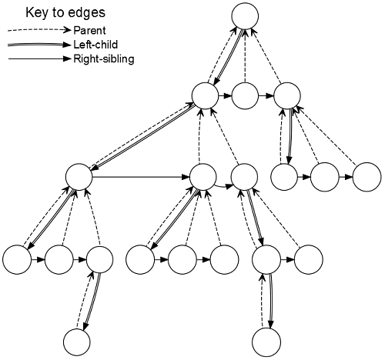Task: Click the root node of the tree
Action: pos(245,16)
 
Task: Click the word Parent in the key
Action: pos(89,31)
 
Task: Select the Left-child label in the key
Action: pos(95,45)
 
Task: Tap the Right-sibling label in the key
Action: pos(104,59)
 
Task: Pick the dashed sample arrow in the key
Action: pos(39,31)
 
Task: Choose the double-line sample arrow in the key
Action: pos(39,45)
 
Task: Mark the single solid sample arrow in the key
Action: pos(39,59)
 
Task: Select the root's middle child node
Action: pos(245,96)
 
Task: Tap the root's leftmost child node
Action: pos(205,96)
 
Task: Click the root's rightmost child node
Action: pos(287,96)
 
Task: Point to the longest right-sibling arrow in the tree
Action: pos(141,177)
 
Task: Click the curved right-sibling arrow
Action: pos(223,187)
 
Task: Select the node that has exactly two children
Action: pos(244,177)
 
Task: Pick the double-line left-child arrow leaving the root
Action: pos(228,56)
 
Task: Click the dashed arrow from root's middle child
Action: pos(245,56)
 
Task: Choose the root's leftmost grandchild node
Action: pos(79,177)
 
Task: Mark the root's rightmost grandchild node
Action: pos(367,177)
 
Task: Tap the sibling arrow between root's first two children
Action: pos(225,96)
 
